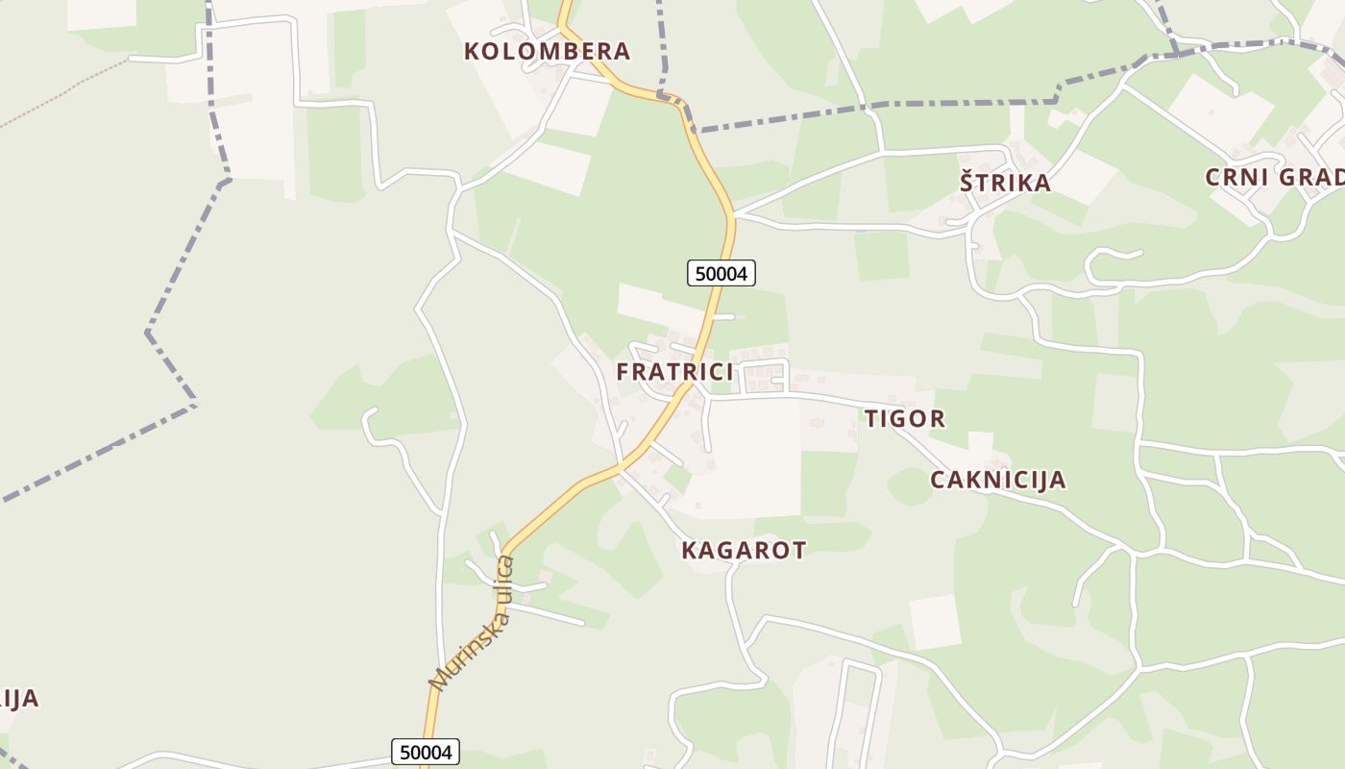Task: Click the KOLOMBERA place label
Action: (547, 52)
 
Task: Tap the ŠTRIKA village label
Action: (1005, 183)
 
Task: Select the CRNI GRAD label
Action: (1274, 178)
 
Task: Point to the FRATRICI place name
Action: (674, 372)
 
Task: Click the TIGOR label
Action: (905, 419)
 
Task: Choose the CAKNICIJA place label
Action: (997, 481)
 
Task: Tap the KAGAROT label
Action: (744, 551)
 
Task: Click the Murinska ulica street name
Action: (473, 623)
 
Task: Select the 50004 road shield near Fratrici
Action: (721, 274)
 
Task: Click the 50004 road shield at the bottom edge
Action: (426, 752)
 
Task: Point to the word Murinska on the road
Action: (456, 651)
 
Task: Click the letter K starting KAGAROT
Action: (689, 551)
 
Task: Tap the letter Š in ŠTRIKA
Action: (967, 183)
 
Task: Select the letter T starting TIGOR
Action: (872, 419)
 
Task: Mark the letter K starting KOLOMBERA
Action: (473, 52)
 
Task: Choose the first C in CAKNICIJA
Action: (939, 481)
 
